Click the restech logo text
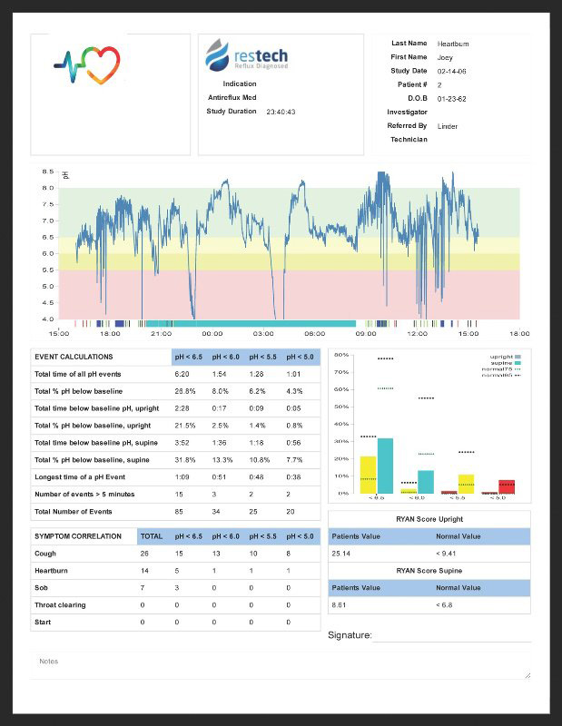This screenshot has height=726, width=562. click(260, 52)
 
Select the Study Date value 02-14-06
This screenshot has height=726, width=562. click(451, 71)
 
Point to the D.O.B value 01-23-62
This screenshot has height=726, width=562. click(451, 98)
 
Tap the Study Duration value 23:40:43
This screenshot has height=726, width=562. click(281, 113)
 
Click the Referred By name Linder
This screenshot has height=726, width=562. click(448, 126)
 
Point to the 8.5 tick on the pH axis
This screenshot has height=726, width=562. click(48, 172)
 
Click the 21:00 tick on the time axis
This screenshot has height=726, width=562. click(162, 333)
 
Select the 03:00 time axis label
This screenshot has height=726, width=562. click(264, 333)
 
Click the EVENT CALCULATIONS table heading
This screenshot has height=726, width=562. click(74, 357)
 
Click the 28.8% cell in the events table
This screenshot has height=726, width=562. click(185, 391)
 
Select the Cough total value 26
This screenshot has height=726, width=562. click(144, 554)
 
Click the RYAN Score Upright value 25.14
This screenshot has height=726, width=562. click(341, 553)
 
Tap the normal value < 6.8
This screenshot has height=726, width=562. click(447, 603)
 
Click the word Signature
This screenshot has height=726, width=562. click(350, 635)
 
